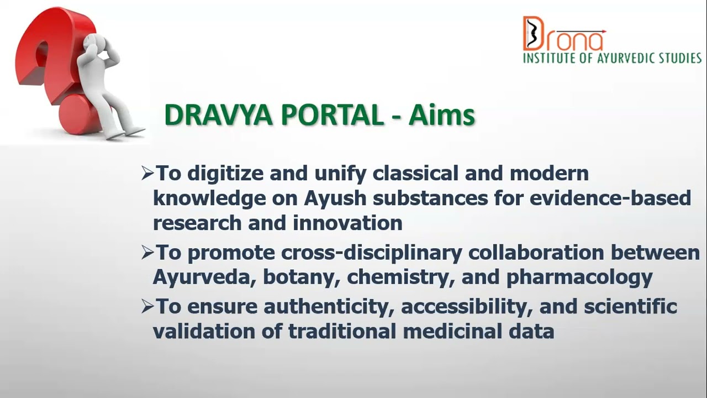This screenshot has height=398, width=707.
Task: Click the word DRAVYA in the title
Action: [218, 115]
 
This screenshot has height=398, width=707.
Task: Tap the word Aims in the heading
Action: [441, 115]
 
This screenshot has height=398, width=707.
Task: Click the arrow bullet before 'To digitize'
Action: [147, 174]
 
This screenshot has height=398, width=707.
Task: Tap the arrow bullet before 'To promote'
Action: [147, 253]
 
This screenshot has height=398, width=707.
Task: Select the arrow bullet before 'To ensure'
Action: [147, 307]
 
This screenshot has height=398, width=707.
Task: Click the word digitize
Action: [225, 174]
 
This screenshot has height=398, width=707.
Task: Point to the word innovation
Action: [347, 223]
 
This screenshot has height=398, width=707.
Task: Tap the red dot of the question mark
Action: [79, 114]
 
